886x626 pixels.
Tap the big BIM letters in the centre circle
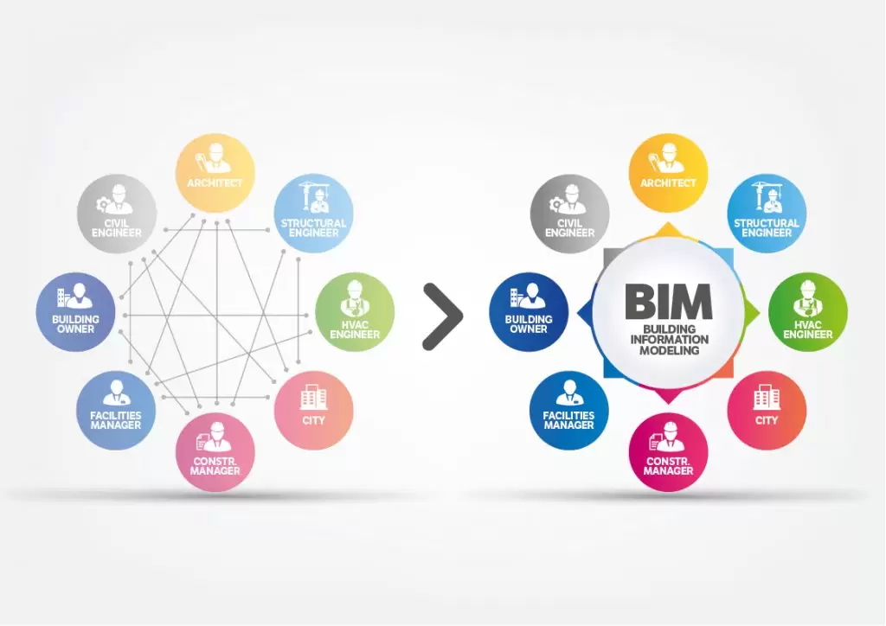coord(668,302)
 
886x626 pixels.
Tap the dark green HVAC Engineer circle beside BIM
coord(807,312)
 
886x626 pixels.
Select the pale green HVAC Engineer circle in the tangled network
coord(354,312)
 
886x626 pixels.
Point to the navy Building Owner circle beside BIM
coord(529,312)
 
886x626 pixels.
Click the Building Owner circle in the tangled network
coord(76,312)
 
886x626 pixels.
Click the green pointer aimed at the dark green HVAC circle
coord(751,312)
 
